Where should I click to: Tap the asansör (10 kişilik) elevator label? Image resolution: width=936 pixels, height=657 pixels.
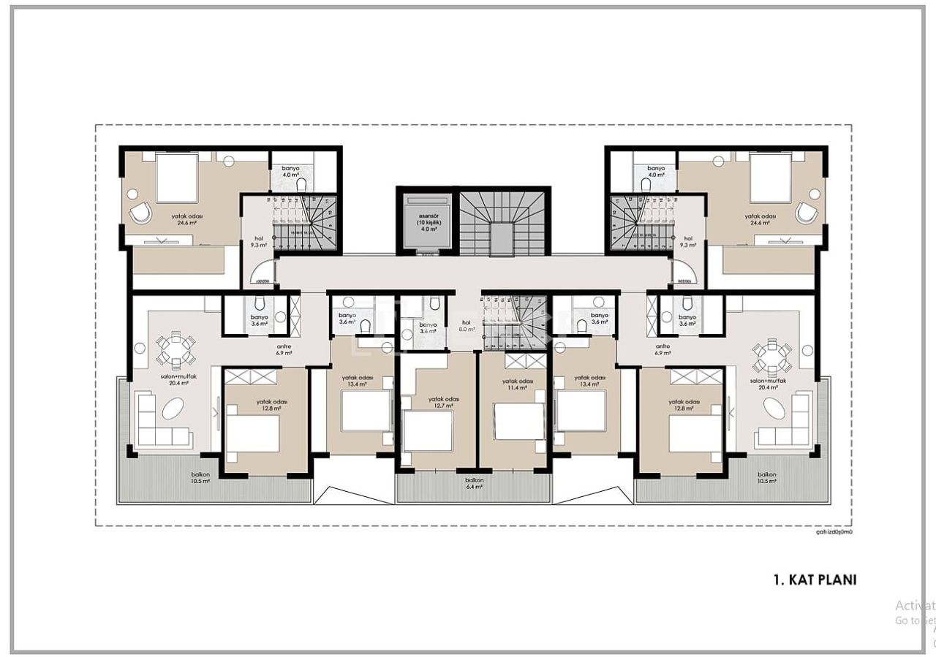[428, 221]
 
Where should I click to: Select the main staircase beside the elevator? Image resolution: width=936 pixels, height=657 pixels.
[502, 223]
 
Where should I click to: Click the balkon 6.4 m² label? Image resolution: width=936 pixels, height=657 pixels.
[474, 483]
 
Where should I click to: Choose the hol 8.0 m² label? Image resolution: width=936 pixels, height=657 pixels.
[466, 325]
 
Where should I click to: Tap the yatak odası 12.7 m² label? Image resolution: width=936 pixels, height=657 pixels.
[444, 401]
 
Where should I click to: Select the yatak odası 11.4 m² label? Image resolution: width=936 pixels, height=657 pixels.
[517, 384]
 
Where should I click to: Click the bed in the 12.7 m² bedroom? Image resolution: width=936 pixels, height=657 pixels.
[428, 431]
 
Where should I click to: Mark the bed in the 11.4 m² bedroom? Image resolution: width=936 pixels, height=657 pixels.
[519, 422]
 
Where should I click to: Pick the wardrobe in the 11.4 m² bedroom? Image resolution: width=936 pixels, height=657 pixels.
[525, 360]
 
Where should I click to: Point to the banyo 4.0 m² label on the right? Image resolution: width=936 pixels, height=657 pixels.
[655, 171]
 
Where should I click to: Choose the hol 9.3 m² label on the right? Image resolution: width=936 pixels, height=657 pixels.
[687, 242]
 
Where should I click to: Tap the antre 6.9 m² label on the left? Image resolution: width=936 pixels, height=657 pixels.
[284, 349]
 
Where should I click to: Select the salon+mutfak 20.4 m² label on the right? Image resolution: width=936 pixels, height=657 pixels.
[768, 384]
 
